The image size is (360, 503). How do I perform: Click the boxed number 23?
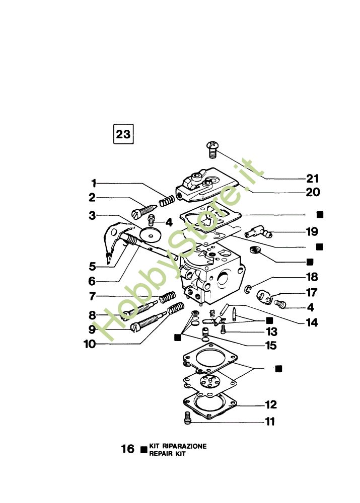[x=123, y=134]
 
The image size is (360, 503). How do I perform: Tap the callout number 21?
[x=313, y=179]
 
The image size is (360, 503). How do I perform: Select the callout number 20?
[x=312, y=192]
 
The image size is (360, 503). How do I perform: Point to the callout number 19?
[x=312, y=232]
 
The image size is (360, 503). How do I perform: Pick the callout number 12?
[x=271, y=405]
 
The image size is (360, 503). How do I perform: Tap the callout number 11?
[x=270, y=422]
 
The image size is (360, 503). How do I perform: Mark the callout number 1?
[x=94, y=183]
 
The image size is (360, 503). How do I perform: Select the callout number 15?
[x=271, y=346]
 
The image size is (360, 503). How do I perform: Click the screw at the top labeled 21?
[x=211, y=147]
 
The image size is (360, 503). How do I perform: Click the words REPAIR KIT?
[x=168, y=454]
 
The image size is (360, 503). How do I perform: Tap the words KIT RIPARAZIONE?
[x=178, y=446]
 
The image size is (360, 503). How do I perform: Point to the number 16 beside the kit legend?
[x=128, y=449]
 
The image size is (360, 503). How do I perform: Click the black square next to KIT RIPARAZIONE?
[x=144, y=449]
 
